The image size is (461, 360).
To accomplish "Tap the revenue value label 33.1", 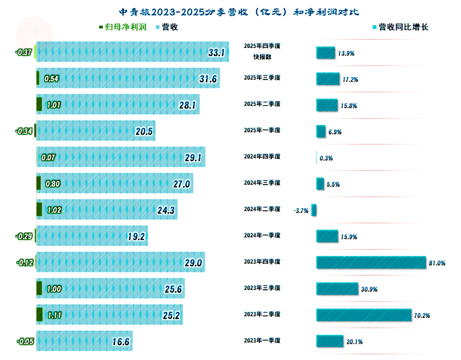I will click(216, 52).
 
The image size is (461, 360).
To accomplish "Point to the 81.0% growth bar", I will click(371, 262).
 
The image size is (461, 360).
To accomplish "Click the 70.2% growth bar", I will click(364, 315).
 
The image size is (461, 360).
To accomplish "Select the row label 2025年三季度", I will click(262, 78).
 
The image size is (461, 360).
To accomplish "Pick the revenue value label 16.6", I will click(121, 342).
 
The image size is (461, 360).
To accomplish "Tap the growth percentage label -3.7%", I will click(301, 210).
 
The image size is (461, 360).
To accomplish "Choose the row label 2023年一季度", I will click(262, 340).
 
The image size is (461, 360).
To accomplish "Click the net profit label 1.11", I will click(54, 315).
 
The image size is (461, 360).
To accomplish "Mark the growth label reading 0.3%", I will click(326, 158).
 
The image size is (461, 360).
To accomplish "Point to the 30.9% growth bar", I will click(337, 288).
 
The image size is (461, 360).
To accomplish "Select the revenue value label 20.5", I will click(144, 132).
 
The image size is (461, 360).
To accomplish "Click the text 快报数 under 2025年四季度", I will click(262, 57).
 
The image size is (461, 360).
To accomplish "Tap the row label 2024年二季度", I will click(262, 209).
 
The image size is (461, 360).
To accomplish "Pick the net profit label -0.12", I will click(24, 263).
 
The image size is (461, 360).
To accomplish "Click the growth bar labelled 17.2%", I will click(326, 79).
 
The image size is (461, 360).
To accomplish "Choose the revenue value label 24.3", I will click(166, 210).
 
